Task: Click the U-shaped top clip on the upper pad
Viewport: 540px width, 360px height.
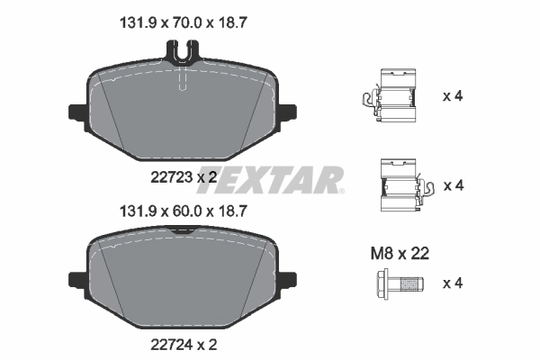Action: point(183,56)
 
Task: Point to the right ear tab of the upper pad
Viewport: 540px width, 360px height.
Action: point(287,114)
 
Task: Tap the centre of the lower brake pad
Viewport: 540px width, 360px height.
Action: point(184,279)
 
